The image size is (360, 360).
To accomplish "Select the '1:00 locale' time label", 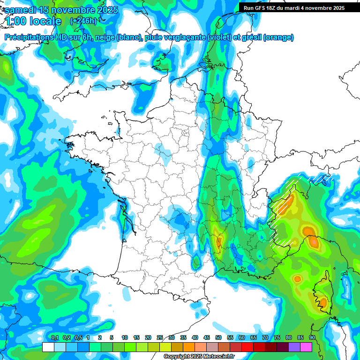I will [33, 22].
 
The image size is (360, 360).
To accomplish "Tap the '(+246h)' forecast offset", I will [83, 21].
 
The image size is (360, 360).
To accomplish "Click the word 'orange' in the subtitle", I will [278, 37].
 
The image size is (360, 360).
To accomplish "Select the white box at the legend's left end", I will [48, 347].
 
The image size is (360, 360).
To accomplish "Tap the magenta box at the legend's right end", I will [306, 347].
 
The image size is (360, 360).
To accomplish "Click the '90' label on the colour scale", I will [312, 337].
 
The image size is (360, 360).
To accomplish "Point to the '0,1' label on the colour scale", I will [54, 337].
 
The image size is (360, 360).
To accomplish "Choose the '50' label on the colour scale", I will [218, 337].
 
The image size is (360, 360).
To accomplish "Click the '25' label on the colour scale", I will [159, 337].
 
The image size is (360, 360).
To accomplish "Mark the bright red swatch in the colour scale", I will [247, 347].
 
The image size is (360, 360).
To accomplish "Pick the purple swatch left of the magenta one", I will [294, 347].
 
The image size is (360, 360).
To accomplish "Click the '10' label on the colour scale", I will [124, 337].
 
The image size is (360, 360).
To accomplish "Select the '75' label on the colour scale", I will [277, 337].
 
